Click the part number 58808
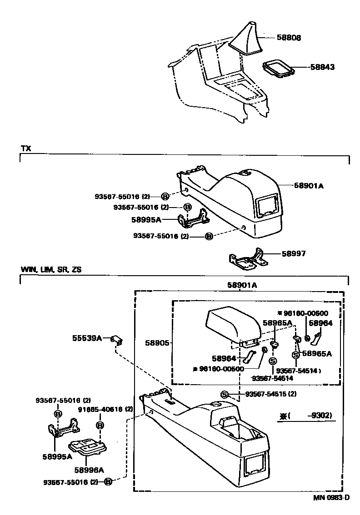pyautogui.click(x=289, y=38)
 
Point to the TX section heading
pyautogui.click(x=25, y=149)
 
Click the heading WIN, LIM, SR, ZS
pyautogui.click(x=51, y=269)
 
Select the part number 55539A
pyautogui.click(x=86, y=338)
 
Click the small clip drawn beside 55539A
pyautogui.click(x=118, y=340)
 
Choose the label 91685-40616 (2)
pyautogui.click(x=105, y=409)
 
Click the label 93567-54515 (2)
pyautogui.click(x=270, y=394)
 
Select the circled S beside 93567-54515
pyautogui.click(x=224, y=394)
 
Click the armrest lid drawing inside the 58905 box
pyautogui.click(x=232, y=323)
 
